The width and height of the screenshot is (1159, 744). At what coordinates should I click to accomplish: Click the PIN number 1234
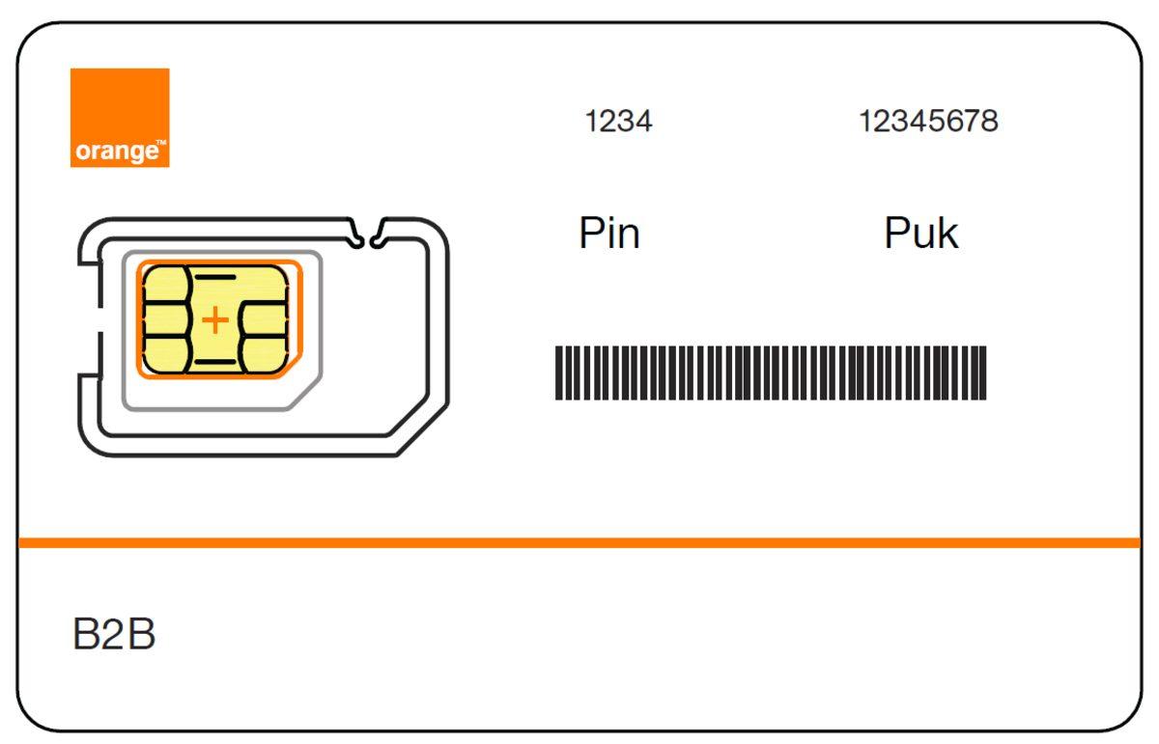tap(618, 122)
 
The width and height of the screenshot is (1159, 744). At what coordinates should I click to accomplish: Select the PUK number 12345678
tap(928, 122)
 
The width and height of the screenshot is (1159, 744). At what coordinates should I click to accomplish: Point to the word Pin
tap(608, 234)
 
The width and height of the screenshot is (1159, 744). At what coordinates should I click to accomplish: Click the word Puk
tap(920, 234)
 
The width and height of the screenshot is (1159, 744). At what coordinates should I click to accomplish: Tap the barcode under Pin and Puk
tap(771, 372)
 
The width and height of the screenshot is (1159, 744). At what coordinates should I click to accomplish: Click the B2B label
tap(114, 636)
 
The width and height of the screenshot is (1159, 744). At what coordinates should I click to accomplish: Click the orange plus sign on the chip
tap(216, 319)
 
